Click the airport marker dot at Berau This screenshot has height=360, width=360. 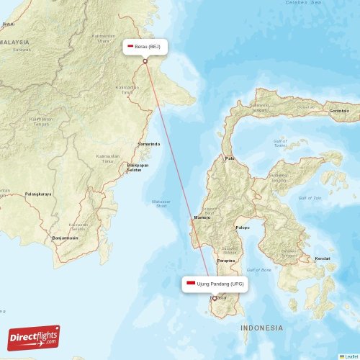coord(145,61)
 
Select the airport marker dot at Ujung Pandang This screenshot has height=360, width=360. coord(214,298)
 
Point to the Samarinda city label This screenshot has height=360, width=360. coord(149,144)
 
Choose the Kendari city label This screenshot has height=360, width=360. coord(323,258)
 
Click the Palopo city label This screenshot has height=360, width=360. coord(243,228)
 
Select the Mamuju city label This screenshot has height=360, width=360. coord(202,217)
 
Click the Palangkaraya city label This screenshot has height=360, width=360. coord(37,194)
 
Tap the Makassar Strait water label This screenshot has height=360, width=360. coord(161,203)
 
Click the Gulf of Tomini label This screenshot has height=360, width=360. coord(280,143)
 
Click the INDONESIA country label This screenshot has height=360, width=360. coord(262,328)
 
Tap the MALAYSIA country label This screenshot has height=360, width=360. coord(14,42)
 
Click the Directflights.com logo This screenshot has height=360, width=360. coord(34,338)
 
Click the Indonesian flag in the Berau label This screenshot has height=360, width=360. coord(130,47)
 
